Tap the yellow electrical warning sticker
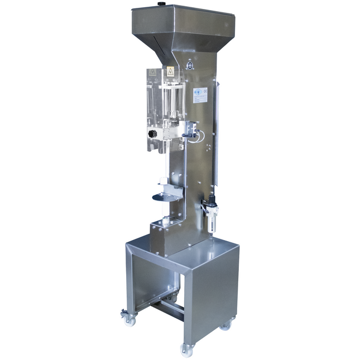coord(170,71)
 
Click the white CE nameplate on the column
coord(200,95)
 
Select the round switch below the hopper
coord(190,66)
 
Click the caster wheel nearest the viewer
coord(186,349)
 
